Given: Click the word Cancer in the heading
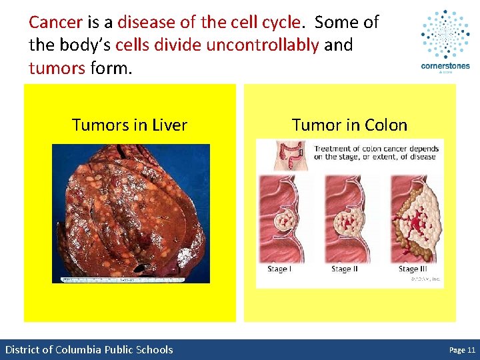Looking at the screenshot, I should [x=55, y=22].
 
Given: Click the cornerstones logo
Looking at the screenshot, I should [x=445, y=41].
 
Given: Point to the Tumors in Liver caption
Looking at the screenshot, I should [x=129, y=125].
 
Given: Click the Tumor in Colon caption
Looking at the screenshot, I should [x=349, y=125].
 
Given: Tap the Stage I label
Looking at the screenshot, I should [x=279, y=269].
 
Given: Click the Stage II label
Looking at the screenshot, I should [x=345, y=269].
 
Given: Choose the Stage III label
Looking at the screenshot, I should [x=413, y=269].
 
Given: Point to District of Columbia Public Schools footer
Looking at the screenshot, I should [x=89, y=349].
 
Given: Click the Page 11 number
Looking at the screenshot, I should [x=462, y=349].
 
